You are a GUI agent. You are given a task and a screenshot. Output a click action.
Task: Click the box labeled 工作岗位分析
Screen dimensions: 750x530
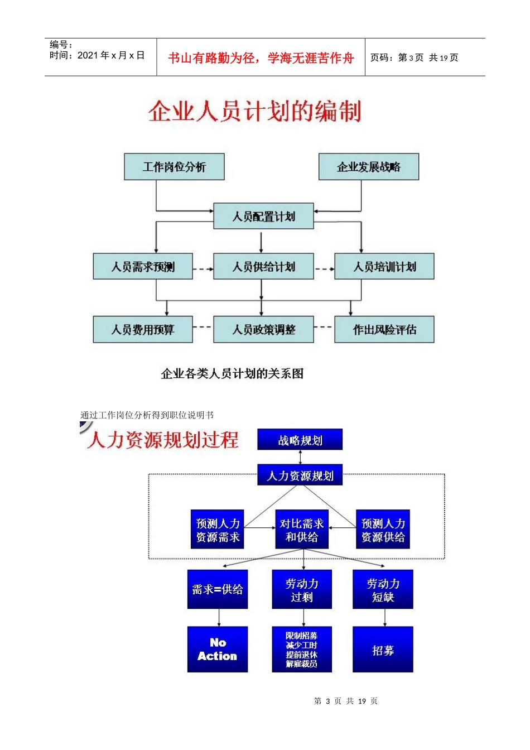click(174, 167)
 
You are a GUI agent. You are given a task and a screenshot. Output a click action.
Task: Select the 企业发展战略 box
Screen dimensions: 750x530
click(368, 167)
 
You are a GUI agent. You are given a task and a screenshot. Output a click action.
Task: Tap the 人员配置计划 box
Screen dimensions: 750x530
click(263, 217)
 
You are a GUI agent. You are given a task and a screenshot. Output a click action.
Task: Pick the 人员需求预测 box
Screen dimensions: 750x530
click(143, 267)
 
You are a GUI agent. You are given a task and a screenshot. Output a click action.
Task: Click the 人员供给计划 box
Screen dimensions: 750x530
click(263, 267)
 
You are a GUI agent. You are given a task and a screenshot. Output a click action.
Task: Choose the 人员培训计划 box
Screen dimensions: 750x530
click(384, 267)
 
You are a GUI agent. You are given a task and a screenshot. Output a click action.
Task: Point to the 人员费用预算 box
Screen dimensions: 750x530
click(143, 330)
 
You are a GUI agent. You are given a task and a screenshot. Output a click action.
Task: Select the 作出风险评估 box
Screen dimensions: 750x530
click(384, 330)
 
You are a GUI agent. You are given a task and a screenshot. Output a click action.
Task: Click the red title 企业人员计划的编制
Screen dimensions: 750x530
click(255, 111)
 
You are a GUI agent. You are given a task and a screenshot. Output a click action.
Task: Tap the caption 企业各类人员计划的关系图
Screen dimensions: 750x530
click(232, 374)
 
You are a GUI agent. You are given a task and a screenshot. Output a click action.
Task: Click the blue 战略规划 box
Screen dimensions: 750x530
click(300, 440)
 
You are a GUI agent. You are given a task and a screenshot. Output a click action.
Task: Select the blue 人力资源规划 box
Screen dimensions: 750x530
click(300, 476)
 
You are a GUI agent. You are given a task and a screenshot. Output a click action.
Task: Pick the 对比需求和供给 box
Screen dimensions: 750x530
click(302, 530)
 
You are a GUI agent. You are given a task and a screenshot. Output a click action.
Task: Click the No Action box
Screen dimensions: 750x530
click(218, 649)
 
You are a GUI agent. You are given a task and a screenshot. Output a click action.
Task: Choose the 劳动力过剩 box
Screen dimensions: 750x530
click(302, 589)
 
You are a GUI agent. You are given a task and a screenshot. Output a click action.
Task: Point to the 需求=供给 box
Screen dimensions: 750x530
click(218, 589)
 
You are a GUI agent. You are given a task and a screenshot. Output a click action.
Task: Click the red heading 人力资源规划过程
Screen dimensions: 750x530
click(163, 440)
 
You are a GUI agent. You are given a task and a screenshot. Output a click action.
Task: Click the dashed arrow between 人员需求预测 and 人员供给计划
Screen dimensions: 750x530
click(203, 269)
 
